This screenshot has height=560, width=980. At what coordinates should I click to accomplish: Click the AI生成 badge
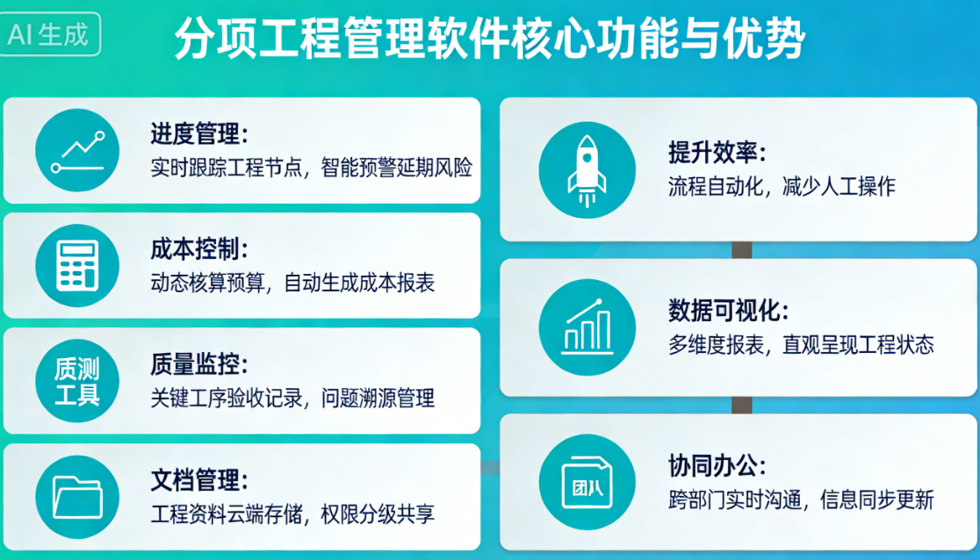50,35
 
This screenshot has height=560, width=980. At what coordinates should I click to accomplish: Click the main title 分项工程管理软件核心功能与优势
489,38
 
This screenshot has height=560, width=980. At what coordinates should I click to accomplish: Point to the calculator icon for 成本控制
77,265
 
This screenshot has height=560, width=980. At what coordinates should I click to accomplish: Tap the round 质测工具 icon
77,381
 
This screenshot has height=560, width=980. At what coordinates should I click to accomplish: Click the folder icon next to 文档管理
77,497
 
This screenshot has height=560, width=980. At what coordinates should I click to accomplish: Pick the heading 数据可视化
728,311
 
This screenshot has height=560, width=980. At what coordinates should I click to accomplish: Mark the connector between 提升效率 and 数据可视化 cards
742,250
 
